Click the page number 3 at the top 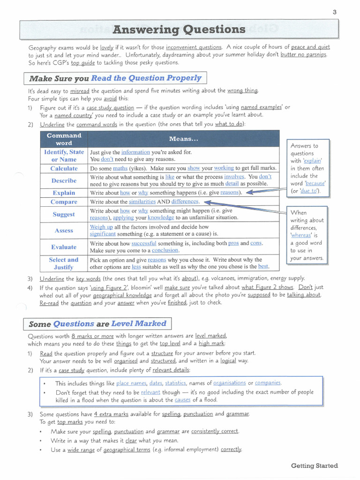(335, 12)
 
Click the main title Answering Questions (179, 30)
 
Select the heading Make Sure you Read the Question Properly (115, 78)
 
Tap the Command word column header (64, 139)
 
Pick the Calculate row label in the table (64, 169)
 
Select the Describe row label (64, 181)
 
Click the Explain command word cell (64, 193)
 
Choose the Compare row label (64, 202)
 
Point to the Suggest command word (64, 214)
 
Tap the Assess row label (64, 231)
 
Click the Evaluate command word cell (64, 247)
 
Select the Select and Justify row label (64, 263)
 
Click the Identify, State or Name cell (64, 156)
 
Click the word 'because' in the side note (315, 184)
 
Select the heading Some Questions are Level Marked (97, 324)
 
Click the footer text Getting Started (314, 466)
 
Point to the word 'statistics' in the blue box (175, 383)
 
